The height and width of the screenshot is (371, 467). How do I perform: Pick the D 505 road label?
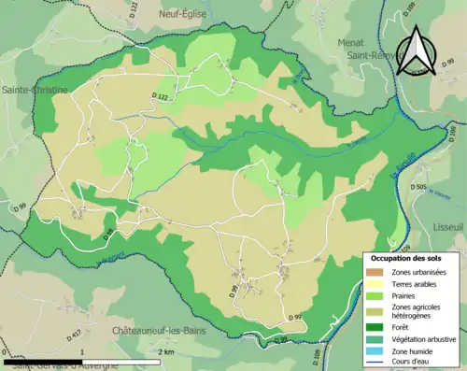coord(418,188)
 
